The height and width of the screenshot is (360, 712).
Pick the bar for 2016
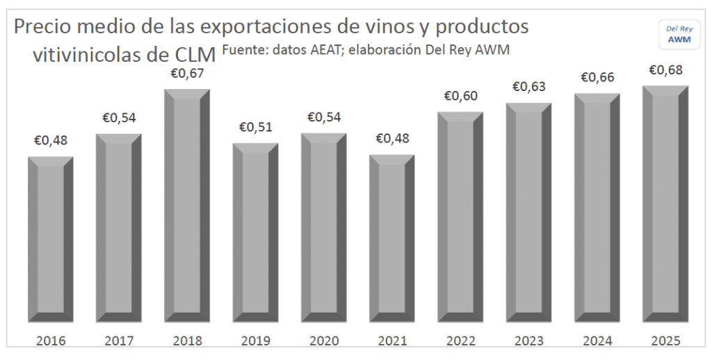51,239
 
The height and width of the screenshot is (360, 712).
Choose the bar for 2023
528,213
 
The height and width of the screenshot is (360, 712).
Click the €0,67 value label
187,73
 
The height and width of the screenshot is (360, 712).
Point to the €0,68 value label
665,70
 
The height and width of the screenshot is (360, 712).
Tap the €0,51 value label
256,127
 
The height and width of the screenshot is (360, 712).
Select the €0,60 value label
460,96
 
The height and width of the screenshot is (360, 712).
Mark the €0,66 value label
597,77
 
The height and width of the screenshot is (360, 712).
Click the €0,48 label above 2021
392,138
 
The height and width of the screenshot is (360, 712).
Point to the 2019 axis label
256,341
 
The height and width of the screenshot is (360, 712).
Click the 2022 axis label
460,341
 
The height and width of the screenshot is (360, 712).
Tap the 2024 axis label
597,341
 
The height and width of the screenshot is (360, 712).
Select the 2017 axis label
119,341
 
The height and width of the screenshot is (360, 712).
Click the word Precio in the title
44,27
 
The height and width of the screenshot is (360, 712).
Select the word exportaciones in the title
282,28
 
